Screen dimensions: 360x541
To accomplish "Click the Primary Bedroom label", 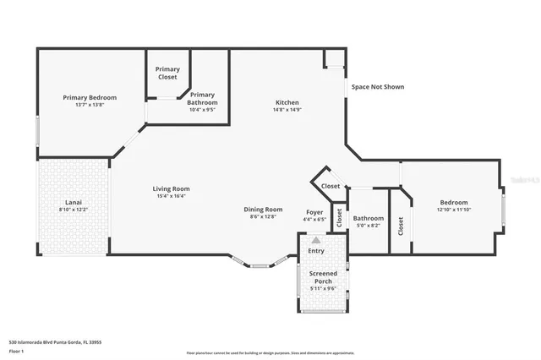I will [x=90, y=97].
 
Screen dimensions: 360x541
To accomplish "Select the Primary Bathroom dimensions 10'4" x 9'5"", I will [x=202, y=109].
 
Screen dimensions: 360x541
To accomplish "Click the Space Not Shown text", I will [x=378, y=86].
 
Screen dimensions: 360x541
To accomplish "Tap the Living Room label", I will [x=171, y=188].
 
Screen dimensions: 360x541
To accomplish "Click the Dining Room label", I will [x=263, y=210].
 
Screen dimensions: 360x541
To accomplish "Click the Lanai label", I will [x=74, y=202].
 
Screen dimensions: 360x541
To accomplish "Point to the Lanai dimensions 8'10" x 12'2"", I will [x=74, y=210].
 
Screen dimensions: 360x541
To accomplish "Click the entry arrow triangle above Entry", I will [x=316, y=240].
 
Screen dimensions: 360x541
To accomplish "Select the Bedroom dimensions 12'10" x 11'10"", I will [x=454, y=210].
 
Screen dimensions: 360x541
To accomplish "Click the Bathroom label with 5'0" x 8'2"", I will [x=369, y=217].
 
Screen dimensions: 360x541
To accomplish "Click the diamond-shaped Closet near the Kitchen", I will [x=331, y=186].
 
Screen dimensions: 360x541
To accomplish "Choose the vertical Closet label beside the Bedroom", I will [x=401, y=225].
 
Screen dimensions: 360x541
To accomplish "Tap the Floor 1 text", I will [x=17, y=351].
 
